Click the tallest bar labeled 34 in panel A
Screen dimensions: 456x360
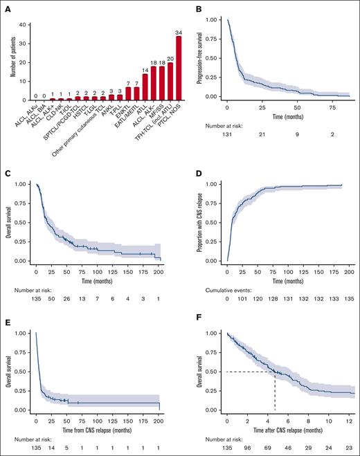click(160, 69)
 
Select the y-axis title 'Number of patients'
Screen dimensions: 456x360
click(6, 62)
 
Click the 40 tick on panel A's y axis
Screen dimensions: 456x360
click(24, 25)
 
